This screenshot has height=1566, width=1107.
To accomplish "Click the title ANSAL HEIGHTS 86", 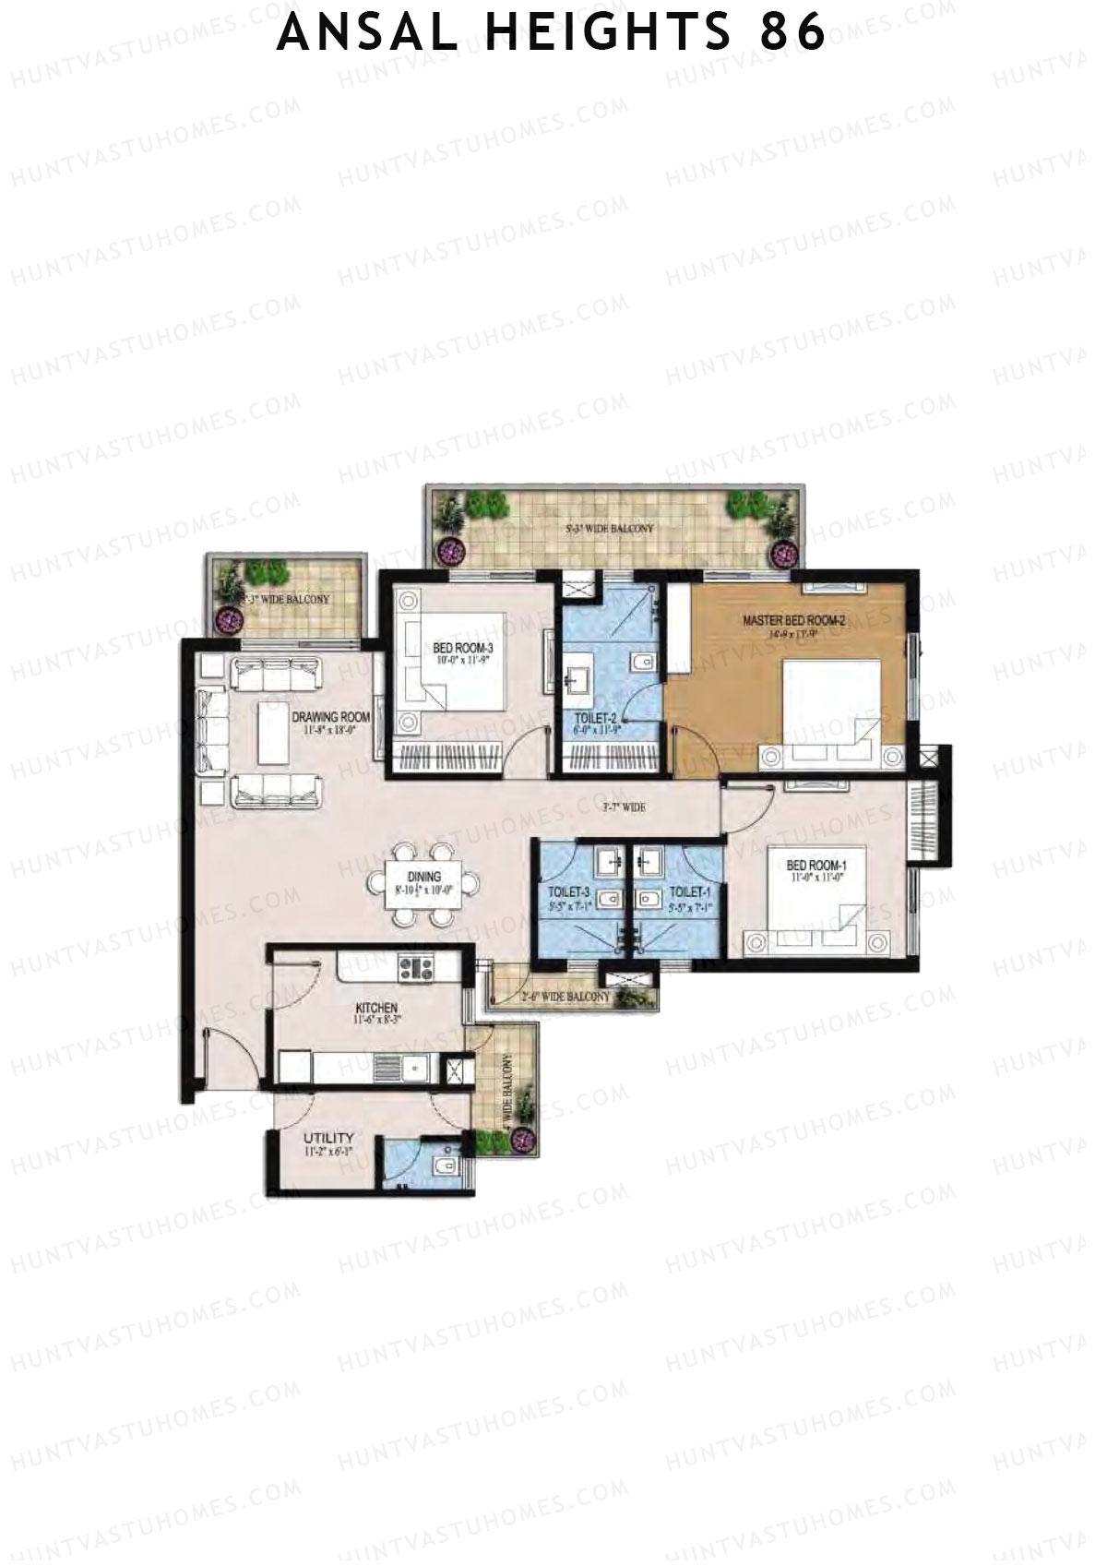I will click(552, 34).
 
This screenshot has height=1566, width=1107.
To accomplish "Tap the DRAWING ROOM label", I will click(331, 717).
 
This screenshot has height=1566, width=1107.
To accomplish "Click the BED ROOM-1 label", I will click(816, 866).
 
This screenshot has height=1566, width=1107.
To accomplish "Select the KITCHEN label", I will click(376, 1009).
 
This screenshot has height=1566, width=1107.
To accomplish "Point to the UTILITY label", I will click(328, 1139).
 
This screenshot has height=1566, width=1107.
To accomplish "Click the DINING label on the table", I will click(424, 877).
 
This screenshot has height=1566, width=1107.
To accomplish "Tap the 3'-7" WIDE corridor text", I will click(624, 807).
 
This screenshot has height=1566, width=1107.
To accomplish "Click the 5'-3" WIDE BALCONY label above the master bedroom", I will click(609, 529).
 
